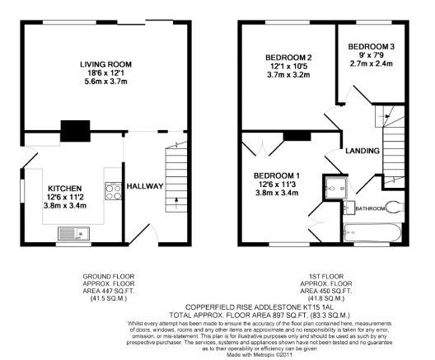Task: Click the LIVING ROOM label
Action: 105,64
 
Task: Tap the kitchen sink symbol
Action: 74,233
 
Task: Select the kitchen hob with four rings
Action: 113,191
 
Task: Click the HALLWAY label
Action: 145,186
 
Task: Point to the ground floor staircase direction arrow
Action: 176,203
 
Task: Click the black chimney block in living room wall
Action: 76,131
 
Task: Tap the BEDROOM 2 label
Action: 288,58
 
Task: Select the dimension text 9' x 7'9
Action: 372,55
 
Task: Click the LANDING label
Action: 362,151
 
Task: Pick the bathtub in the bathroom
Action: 372,232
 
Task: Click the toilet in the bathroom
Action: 395,207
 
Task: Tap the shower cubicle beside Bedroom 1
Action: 336,189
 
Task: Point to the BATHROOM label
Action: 370,208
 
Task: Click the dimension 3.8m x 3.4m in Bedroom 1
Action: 277,193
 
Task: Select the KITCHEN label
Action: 65,189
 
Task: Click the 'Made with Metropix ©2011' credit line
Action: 260,355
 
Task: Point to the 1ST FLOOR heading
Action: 326,277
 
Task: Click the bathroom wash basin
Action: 349,208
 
